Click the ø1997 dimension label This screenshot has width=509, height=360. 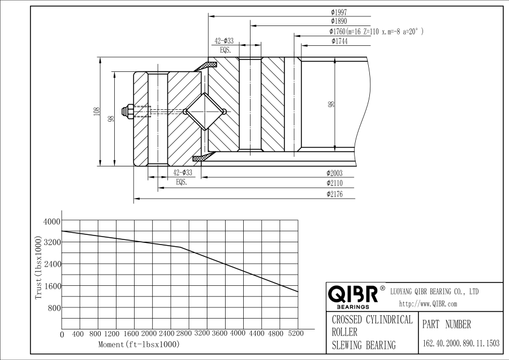[339, 11]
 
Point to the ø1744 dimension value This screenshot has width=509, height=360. [340, 41]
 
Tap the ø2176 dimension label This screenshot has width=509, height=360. [335, 194]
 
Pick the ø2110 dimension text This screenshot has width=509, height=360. [335, 183]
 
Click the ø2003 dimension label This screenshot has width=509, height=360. [335, 173]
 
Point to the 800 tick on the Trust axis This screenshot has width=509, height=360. [54, 308]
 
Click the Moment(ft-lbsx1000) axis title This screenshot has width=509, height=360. [139, 344]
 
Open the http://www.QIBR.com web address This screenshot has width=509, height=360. [428, 304]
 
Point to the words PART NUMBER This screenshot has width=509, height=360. [447, 324]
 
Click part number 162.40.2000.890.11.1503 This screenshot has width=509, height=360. [461, 343]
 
